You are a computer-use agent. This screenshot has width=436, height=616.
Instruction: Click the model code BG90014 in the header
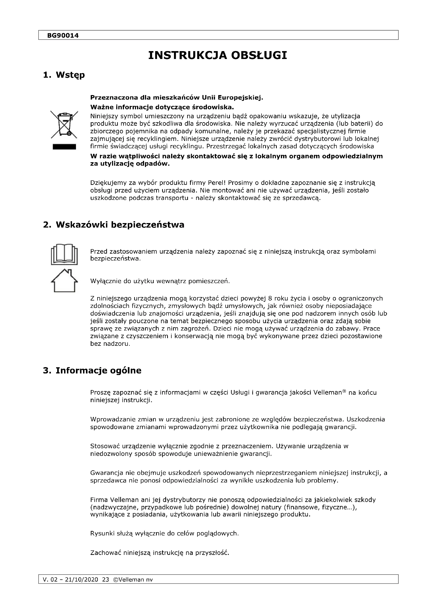[63, 35]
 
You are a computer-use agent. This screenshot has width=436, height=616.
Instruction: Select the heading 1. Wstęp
[64, 75]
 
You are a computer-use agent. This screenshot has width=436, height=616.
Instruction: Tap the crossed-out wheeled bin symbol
[64, 124]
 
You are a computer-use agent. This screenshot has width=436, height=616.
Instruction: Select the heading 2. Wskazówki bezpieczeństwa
[114, 225]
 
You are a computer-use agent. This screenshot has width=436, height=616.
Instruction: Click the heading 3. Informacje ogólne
[92, 371]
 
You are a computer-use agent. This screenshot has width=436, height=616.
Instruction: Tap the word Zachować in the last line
[104, 553]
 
